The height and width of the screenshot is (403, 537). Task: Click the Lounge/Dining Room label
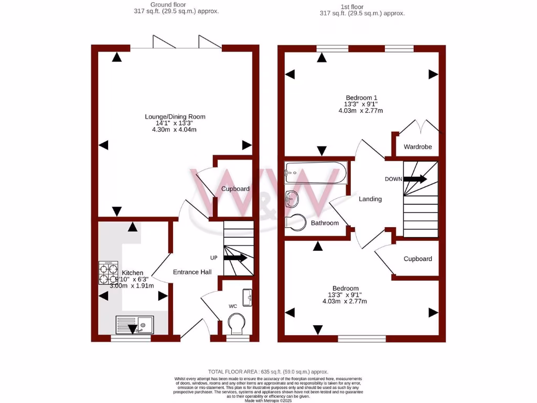(x=175, y=116)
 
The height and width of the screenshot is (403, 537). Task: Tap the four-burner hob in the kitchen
(x=108, y=272)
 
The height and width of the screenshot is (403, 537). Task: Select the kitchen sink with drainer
(x=134, y=325)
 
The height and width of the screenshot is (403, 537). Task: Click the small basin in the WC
(x=248, y=297)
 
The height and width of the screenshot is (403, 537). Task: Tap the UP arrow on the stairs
(x=235, y=258)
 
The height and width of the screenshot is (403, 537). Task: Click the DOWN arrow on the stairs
(x=415, y=179)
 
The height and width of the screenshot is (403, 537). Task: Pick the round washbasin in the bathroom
(x=292, y=199)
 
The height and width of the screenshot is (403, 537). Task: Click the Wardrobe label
(x=417, y=147)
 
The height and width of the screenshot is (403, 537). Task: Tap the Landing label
(x=370, y=199)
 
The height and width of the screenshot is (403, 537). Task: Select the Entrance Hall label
(x=192, y=272)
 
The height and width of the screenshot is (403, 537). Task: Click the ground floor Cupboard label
(x=235, y=189)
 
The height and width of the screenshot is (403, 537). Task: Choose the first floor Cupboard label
(x=417, y=259)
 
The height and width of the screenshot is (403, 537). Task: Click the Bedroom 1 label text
(x=361, y=98)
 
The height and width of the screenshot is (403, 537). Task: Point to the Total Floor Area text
(x=270, y=371)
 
